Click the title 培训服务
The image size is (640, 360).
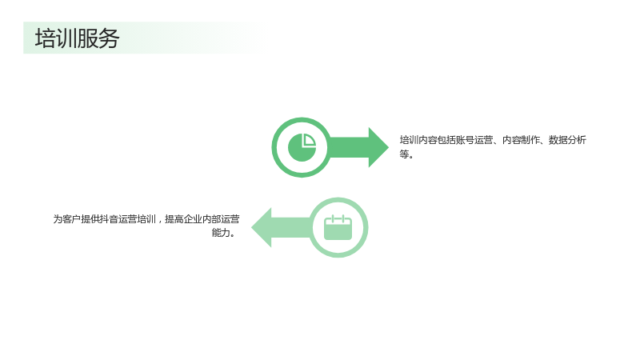click(x=77, y=38)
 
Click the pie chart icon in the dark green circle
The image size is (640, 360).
click(x=302, y=147)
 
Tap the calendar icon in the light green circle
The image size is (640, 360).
click(x=338, y=227)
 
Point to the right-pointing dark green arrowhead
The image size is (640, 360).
click(x=378, y=147)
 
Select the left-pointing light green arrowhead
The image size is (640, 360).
click(x=262, y=227)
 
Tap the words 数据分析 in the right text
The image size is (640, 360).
click(x=567, y=140)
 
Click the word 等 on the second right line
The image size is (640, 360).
click(x=404, y=154)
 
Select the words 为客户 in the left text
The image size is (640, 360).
click(x=67, y=219)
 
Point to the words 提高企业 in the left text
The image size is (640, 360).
click(x=183, y=219)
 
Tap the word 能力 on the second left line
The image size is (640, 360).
click(x=221, y=233)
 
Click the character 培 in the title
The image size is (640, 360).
click(x=46, y=38)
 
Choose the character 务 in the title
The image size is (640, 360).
click(x=109, y=38)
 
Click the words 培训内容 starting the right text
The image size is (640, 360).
click(x=418, y=140)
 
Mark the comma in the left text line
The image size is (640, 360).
click(x=161, y=222)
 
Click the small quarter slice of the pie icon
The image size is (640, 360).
click(x=309, y=139)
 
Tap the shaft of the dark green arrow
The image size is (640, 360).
click(x=349, y=147)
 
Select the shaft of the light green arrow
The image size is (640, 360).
click(x=291, y=227)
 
